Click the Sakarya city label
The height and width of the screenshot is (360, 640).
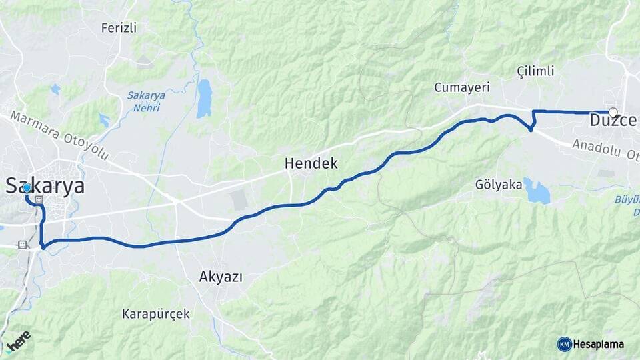(45, 186)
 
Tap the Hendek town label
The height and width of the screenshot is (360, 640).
(311, 163)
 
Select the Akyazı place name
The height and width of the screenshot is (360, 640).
(220, 276)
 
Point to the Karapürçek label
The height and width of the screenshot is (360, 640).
(156, 313)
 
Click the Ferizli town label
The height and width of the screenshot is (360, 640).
(119, 28)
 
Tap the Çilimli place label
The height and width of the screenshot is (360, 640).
(535, 71)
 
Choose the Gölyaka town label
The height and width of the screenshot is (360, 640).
(499, 185)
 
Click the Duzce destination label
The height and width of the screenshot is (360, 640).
(613, 122)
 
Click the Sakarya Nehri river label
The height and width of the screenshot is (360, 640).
(146, 101)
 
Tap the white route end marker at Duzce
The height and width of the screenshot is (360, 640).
(613, 113)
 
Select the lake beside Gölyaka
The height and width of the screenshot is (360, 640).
(537, 191)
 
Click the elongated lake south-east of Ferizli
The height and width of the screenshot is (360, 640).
(204, 98)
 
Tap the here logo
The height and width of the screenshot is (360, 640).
(17, 339)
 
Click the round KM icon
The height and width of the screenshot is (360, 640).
(564, 344)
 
